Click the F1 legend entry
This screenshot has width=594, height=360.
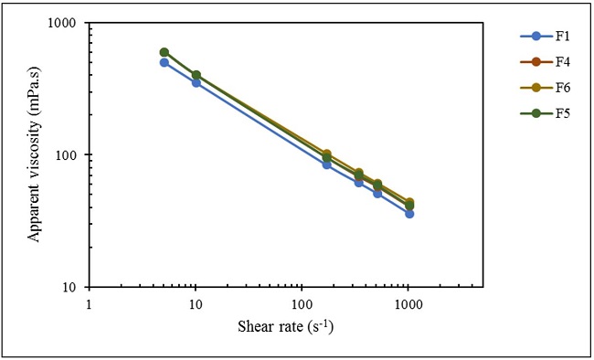click(539, 37)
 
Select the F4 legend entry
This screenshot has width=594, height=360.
click(539, 62)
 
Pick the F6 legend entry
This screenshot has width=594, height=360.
click(539, 88)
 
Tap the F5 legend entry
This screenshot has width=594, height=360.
click(539, 112)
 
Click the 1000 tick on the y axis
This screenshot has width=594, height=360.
click(65, 23)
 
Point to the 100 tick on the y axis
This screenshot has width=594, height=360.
click(69, 155)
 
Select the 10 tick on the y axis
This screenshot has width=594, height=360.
click(71, 287)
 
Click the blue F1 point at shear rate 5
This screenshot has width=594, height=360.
click(164, 62)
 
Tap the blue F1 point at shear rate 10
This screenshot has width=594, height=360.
click(196, 83)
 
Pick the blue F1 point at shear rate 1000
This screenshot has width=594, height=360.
click(409, 214)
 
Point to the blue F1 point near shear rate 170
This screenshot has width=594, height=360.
click(326, 164)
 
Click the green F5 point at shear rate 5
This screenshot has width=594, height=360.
click(164, 52)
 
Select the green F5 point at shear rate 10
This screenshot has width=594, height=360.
click(196, 75)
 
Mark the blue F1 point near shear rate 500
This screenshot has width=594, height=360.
click(377, 194)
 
